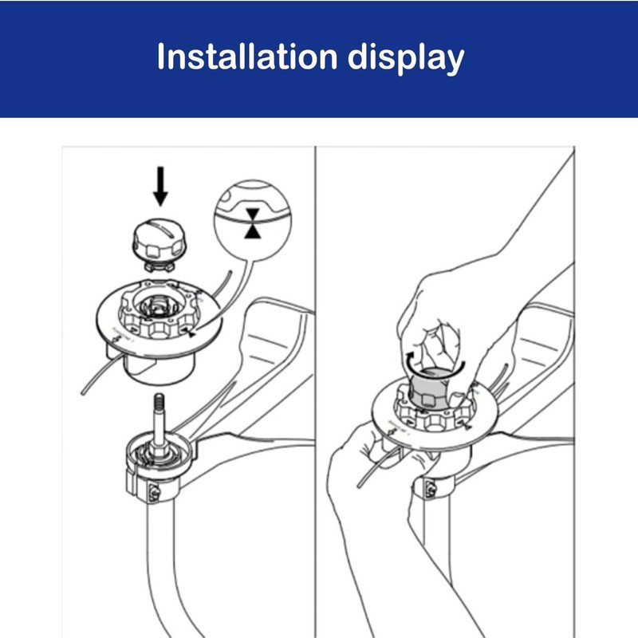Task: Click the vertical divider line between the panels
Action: (x=316, y=383)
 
